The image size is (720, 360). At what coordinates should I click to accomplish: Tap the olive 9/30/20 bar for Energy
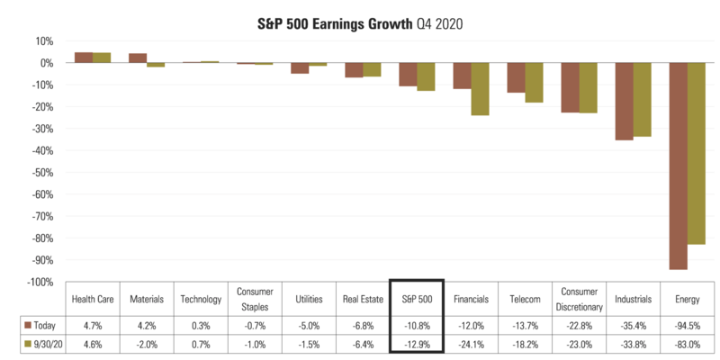pyautogui.click(x=696, y=153)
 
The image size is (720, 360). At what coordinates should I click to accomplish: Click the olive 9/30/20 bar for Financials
pyautogui.click(x=480, y=89)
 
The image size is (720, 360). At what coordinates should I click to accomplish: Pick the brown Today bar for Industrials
pyautogui.click(x=624, y=102)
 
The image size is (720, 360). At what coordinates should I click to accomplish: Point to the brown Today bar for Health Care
pyautogui.click(x=84, y=58)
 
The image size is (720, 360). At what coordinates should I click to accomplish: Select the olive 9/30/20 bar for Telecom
pyautogui.click(x=534, y=83)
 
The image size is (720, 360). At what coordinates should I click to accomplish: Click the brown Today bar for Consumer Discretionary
pyautogui.click(x=570, y=88)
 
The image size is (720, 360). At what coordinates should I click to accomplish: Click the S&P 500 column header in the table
pyautogui.click(x=416, y=299)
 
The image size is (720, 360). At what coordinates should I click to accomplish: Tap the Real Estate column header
pyautogui.click(x=362, y=299)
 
